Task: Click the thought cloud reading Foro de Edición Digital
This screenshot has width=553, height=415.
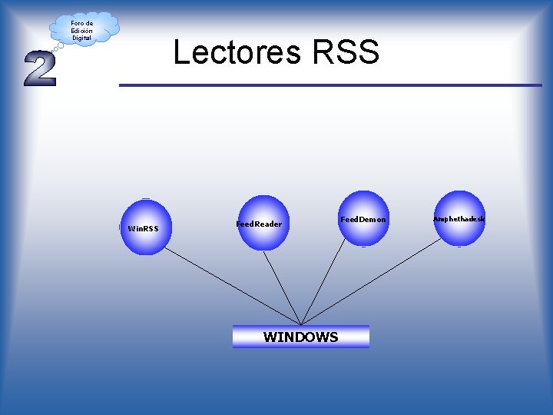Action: (x=83, y=29)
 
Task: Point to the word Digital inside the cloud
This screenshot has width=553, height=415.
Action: (x=81, y=38)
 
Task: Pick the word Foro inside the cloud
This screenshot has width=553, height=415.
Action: (x=77, y=23)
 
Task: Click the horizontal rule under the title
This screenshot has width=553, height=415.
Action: (x=330, y=85)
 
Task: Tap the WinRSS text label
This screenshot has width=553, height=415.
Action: (x=143, y=228)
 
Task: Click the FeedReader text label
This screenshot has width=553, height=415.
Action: (x=259, y=224)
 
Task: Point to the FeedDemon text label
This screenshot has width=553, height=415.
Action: (x=363, y=220)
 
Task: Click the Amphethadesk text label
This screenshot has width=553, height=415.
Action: (x=459, y=219)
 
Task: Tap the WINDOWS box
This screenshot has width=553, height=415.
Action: (x=301, y=337)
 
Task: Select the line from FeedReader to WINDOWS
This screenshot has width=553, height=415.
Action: (x=282, y=287)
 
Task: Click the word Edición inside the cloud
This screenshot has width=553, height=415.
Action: (x=81, y=31)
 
